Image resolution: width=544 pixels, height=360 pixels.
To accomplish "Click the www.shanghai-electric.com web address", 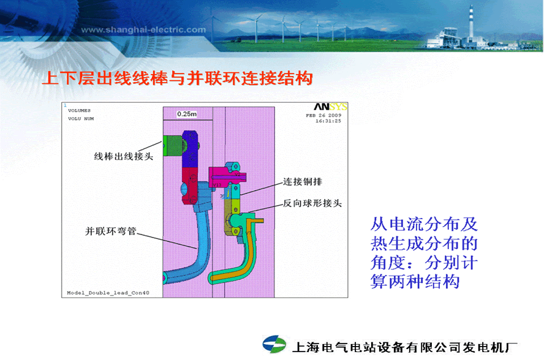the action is pyautogui.click(x=143, y=30).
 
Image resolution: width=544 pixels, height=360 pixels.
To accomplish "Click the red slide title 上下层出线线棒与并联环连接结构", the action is pyautogui.click(x=177, y=78).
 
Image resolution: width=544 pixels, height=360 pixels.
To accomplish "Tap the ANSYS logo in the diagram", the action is pyautogui.click(x=330, y=107).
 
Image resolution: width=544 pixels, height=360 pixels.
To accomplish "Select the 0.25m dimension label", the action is pyautogui.click(x=187, y=114).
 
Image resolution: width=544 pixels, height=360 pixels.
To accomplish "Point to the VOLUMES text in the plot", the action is pyautogui.click(x=79, y=111).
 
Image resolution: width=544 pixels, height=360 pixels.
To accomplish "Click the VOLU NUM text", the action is pyautogui.click(x=81, y=119).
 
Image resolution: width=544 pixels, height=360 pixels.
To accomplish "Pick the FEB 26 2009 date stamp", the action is pyautogui.click(x=323, y=115).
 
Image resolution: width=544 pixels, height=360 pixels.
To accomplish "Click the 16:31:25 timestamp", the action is pyautogui.click(x=328, y=121).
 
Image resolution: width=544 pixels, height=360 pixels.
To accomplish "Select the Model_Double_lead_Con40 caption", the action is pyautogui.click(x=108, y=293).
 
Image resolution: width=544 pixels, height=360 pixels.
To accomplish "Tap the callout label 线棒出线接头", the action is pyautogui.click(x=124, y=156).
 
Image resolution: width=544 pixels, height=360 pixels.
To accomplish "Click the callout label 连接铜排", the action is pyautogui.click(x=303, y=181).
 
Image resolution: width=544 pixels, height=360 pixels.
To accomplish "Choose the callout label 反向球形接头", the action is pyautogui.click(x=312, y=203).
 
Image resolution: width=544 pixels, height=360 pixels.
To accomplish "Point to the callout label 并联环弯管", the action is pyautogui.click(x=111, y=231).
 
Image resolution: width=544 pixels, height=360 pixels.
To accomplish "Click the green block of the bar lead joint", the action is pyautogui.click(x=172, y=146).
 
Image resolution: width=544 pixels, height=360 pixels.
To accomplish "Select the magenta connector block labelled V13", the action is pyautogui.click(x=221, y=177).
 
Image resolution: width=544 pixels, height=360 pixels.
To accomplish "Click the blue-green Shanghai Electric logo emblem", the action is pyautogui.click(x=274, y=343).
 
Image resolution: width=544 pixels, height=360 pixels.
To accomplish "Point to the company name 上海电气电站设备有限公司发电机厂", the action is pyautogui.click(x=404, y=347).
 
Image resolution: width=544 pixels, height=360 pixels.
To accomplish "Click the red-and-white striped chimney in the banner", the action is pyautogui.click(x=471, y=23).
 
